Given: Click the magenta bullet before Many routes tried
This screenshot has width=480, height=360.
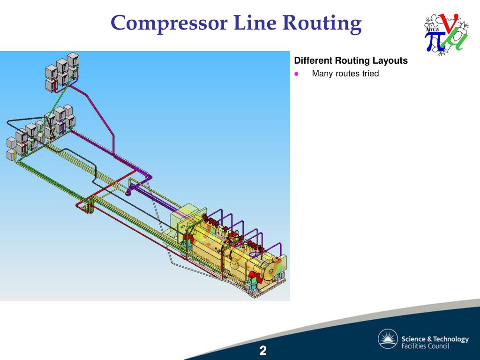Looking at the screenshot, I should [296, 74].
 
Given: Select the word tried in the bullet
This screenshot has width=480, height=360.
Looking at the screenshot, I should [369, 74].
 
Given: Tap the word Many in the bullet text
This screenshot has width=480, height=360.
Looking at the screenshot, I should [322, 74].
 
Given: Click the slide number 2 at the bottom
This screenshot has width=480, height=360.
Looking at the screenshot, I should [263, 350].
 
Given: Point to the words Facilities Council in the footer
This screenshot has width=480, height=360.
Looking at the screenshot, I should [425, 346].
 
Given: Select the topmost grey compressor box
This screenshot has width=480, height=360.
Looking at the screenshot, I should [73, 59].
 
